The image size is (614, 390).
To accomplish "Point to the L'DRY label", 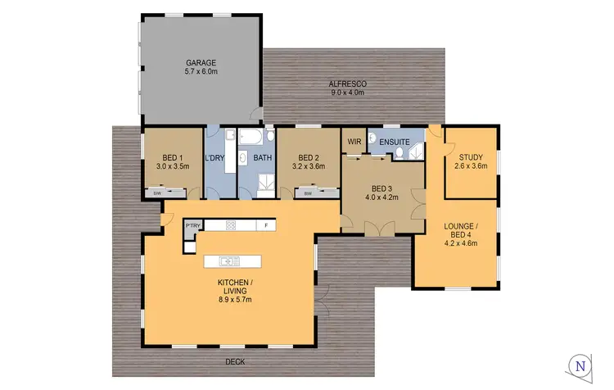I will [x=217, y=157].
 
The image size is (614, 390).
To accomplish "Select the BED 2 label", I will [x=308, y=157].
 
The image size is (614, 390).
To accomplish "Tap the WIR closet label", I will [x=354, y=141].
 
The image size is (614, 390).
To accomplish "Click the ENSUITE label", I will [x=395, y=141].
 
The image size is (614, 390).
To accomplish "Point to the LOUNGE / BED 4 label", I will [x=458, y=227].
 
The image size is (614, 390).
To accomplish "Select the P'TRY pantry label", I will [x=193, y=225].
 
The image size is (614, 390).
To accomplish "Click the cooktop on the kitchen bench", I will [x=231, y=225].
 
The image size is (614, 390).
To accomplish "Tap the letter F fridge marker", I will [x=266, y=225].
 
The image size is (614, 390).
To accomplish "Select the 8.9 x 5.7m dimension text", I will [x=230, y=300].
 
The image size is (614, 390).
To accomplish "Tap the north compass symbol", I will [x=580, y=365].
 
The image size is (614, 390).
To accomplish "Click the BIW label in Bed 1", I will [x=157, y=193].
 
